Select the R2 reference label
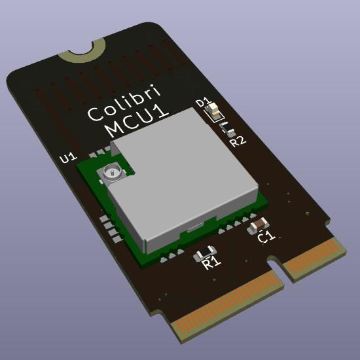(237, 140)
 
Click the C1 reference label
(266, 237)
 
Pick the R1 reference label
(211, 264)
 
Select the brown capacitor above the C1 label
(257, 225)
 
